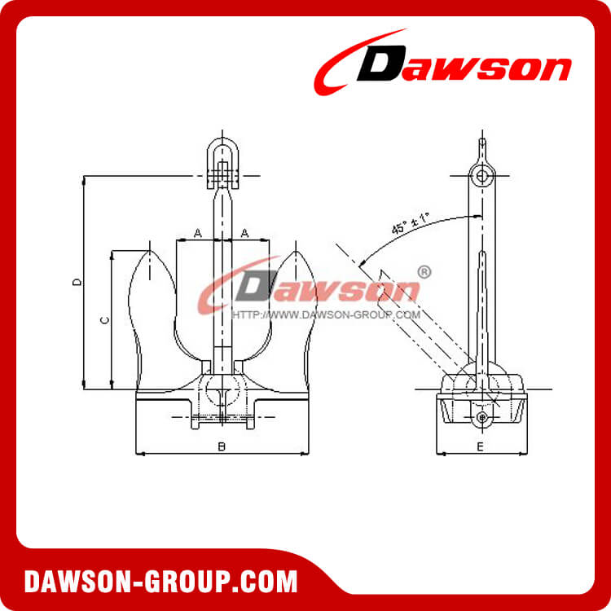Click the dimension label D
[76, 282]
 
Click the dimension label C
[104, 320]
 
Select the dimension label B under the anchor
[221, 446]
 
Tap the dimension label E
[480, 446]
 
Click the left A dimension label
[198, 233]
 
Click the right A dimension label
[245, 233]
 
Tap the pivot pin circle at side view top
[482, 176]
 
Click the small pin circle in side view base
[482, 417]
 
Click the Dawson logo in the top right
[444, 67]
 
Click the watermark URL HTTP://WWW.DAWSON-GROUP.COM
[326, 314]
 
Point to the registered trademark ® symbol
[424, 272]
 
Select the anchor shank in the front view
[221, 269]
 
